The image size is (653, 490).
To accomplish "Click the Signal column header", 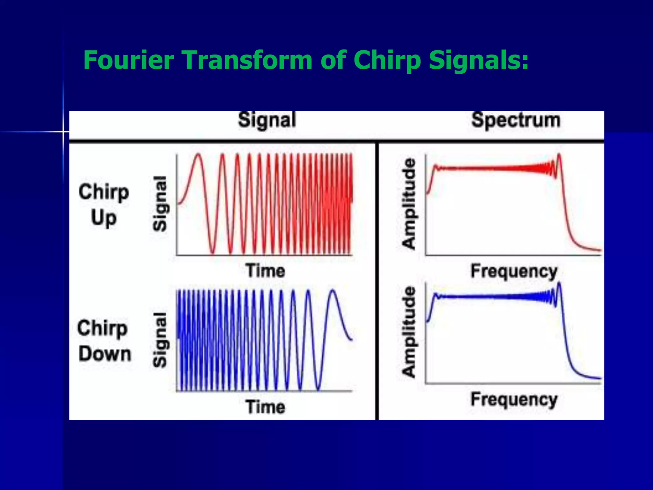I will coord(267,120).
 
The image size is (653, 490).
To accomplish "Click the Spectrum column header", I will coord(516,120).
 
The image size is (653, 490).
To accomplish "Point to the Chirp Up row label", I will coord(104,205).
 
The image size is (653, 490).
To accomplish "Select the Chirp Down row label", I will coord(104,341).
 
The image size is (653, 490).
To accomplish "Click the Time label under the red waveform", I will coord(265,271).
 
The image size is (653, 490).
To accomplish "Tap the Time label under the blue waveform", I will coord(265,407).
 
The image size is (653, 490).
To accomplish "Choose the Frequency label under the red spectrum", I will coord(514,271).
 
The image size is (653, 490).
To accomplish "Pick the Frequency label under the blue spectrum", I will coord(514,399).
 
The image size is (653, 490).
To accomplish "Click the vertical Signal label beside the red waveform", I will coord(160,204).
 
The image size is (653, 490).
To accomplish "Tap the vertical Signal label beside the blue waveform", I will coord(160,340).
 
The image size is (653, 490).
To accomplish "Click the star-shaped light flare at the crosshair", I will coord(63,131).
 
